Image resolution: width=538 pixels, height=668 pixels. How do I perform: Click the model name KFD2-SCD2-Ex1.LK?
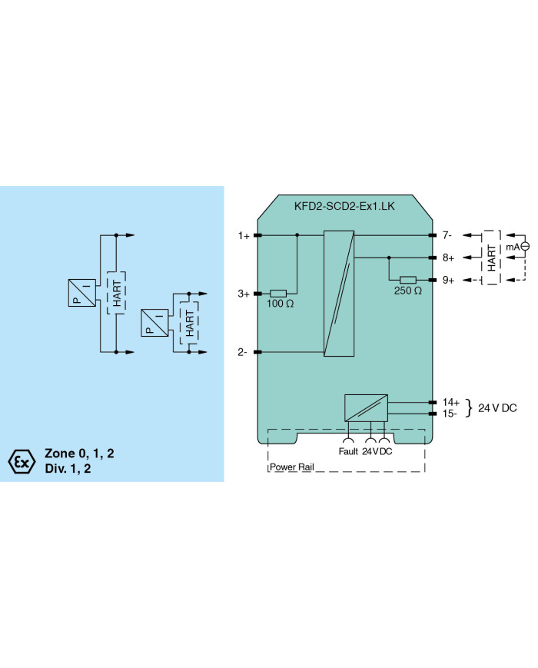pyautogui.click(x=344, y=206)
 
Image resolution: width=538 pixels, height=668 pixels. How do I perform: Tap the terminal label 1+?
pyautogui.click(x=244, y=235)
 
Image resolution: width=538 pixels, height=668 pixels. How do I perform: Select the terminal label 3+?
pyautogui.click(x=243, y=294)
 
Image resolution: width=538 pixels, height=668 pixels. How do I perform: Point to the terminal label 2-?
pyautogui.click(x=242, y=352)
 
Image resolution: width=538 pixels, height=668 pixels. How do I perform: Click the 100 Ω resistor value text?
pyautogui.click(x=280, y=304)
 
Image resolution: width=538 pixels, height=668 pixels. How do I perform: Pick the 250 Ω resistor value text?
pyautogui.click(x=407, y=291)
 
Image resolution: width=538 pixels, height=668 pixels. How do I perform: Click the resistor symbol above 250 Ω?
pyautogui.click(x=408, y=280)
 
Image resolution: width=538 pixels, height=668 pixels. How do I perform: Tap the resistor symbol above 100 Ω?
pyautogui.click(x=278, y=293)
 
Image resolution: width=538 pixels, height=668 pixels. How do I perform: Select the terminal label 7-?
pyautogui.click(x=447, y=234)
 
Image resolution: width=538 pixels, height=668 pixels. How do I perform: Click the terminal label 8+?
pyautogui.click(x=448, y=258)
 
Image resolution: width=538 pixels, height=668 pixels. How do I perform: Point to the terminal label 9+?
pyautogui.click(x=448, y=280)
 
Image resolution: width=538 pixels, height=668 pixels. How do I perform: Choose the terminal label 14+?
pyautogui.click(x=450, y=402)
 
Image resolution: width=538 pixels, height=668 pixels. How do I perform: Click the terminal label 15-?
pyautogui.click(x=450, y=414)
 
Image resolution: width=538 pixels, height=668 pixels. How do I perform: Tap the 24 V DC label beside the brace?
pyautogui.click(x=497, y=407)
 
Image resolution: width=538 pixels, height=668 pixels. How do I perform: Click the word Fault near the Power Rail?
pyautogui.click(x=348, y=451)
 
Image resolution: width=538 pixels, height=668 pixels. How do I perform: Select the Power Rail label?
pyautogui.click(x=292, y=467)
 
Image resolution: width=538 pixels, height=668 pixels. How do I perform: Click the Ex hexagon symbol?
pyautogui.click(x=22, y=461)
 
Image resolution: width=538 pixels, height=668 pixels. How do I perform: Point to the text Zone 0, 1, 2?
pyautogui.click(x=79, y=454)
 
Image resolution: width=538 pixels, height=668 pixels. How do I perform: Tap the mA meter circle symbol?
pyautogui.click(x=525, y=246)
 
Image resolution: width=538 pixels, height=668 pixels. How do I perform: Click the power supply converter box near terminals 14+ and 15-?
pyautogui.click(x=366, y=407)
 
